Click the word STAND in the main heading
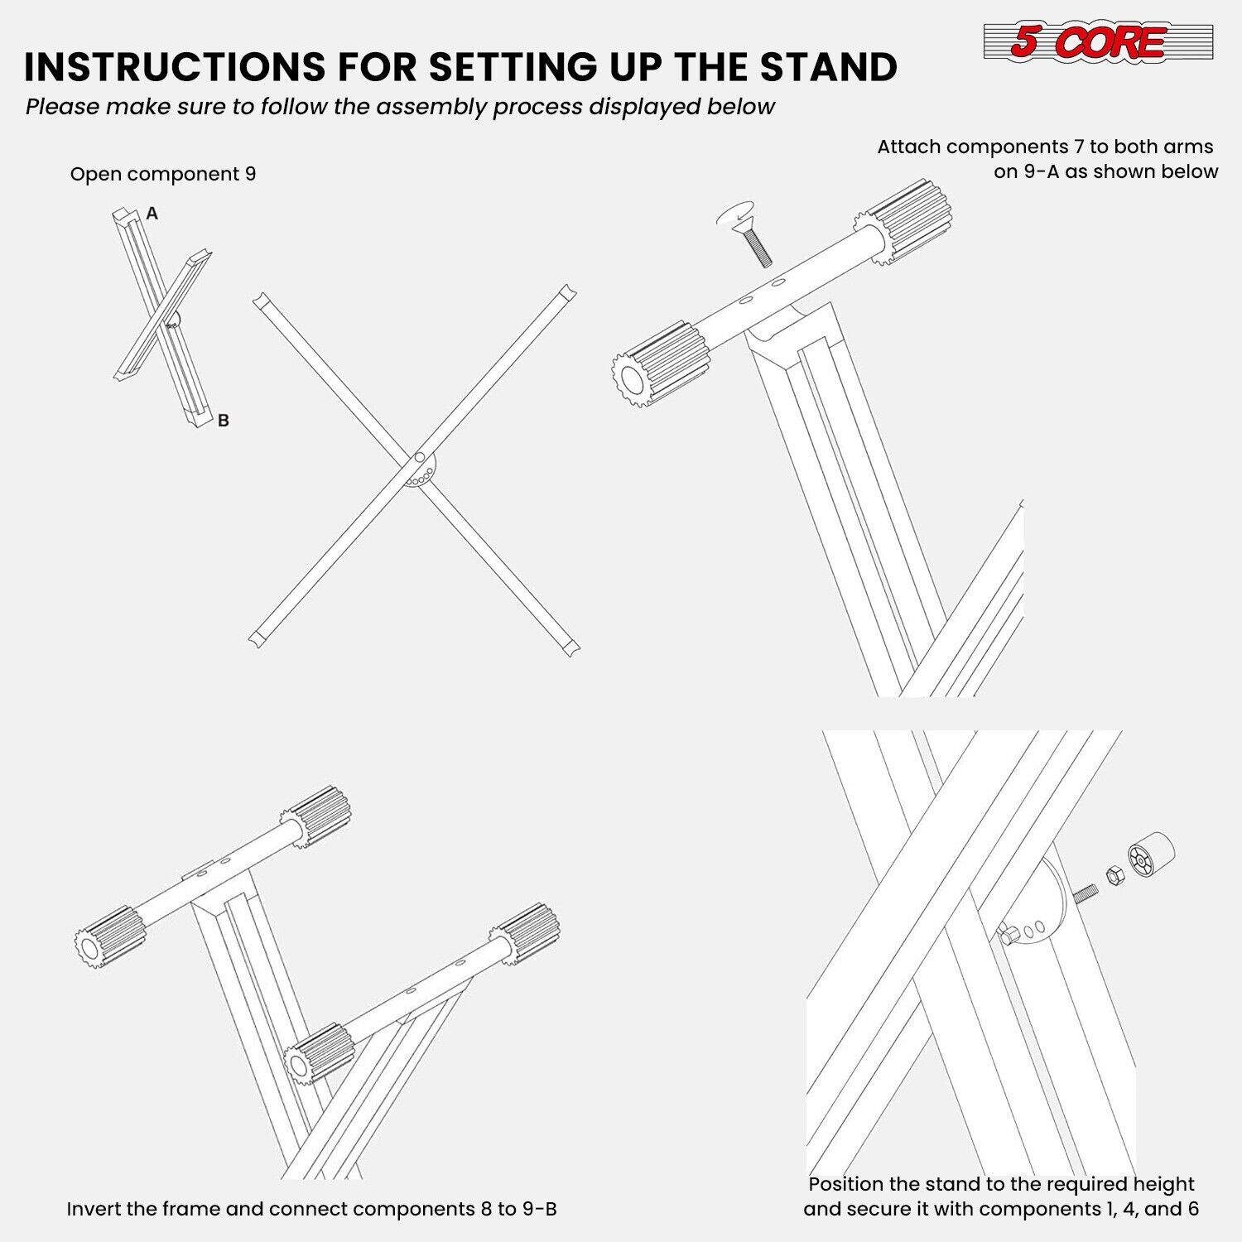tap(828, 67)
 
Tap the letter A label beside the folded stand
tap(152, 214)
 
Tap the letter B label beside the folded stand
tap(223, 421)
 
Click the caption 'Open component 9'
tap(163, 174)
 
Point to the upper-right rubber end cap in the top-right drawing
tap(907, 217)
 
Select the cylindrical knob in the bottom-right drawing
tap(1151, 856)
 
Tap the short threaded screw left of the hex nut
tap(1086, 893)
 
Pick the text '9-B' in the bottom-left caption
tap(539, 1209)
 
